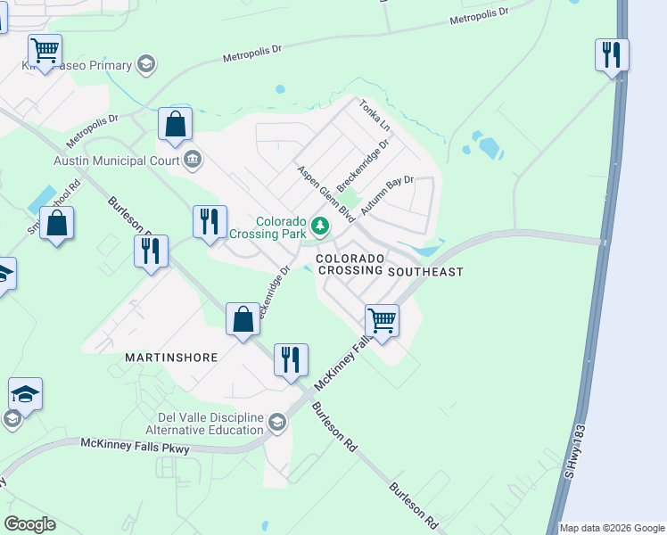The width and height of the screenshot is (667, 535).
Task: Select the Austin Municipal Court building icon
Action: click(x=192, y=160)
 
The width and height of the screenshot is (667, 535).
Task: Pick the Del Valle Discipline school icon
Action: click(x=277, y=422)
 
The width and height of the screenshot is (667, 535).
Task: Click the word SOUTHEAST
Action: click(x=426, y=271)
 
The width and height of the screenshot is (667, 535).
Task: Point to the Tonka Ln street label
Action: click(x=375, y=116)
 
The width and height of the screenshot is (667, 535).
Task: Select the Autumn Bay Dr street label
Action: click(x=388, y=199)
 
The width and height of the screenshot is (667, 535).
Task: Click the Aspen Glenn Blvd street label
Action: click(x=326, y=193)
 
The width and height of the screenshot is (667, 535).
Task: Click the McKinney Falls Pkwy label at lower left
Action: click(x=135, y=445)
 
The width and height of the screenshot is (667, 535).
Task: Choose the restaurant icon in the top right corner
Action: click(x=612, y=54)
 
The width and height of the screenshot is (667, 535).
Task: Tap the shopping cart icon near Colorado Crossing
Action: click(x=382, y=319)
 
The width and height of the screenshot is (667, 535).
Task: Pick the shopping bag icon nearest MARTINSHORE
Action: click(x=243, y=319)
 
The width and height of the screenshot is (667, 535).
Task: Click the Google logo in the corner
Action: click(x=29, y=524)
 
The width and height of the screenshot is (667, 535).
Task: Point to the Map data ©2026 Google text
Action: click(x=612, y=528)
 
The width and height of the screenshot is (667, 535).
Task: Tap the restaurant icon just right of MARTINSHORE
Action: click(x=291, y=359)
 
